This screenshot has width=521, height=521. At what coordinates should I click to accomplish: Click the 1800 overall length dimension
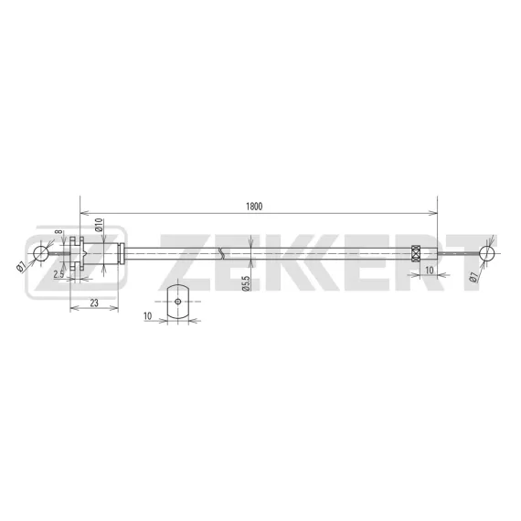254,207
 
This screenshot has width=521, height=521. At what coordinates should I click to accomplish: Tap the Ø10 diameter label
100,225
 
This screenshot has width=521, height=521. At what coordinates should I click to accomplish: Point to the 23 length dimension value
94,303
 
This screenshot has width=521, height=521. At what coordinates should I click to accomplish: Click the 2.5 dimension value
58,274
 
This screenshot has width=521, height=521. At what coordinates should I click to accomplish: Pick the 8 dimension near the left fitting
58,231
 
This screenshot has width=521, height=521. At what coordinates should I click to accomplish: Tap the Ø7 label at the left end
21,266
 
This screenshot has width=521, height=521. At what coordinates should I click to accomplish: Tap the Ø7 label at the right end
474,277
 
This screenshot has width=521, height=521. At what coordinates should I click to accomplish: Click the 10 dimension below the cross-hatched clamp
430,271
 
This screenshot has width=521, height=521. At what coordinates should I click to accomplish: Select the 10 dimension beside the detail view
147,315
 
